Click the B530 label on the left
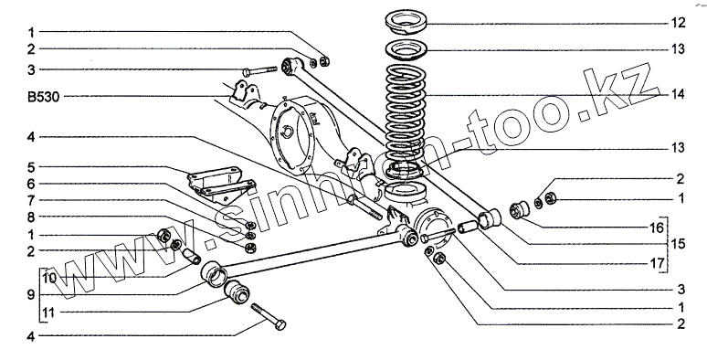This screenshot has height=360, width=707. click(x=44, y=97)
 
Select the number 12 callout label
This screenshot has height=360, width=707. click(x=678, y=23)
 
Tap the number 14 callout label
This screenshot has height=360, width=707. click(x=678, y=94)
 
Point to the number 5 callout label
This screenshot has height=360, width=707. click(x=31, y=168)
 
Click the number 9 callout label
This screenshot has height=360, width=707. click(x=31, y=295)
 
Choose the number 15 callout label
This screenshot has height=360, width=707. click(x=678, y=244)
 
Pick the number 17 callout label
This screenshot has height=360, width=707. click(x=657, y=263)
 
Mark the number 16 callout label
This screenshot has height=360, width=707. click(x=657, y=228)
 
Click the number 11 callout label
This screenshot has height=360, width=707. click(x=49, y=312)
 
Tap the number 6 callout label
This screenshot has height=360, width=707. click(x=31, y=184)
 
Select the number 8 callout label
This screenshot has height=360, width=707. click(x=31, y=217)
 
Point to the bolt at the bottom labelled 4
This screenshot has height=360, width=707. click(x=269, y=317)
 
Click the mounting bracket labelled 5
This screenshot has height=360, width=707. click(x=221, y=184)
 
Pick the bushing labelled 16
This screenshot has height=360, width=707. click(x=520, y=208)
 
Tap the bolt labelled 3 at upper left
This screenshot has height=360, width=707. click(x=259, y=71)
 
